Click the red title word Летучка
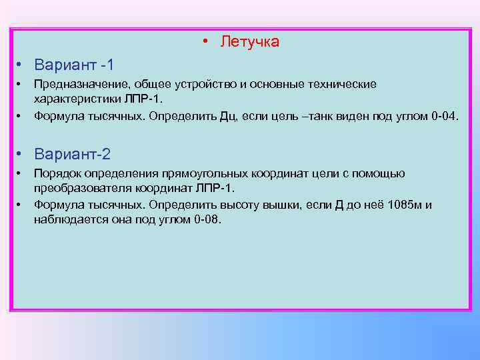pos(250,42)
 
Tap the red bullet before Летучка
pos(207,42)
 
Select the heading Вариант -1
pos(74,65)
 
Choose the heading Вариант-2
pos(72,154)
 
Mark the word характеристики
pos(77,99)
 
